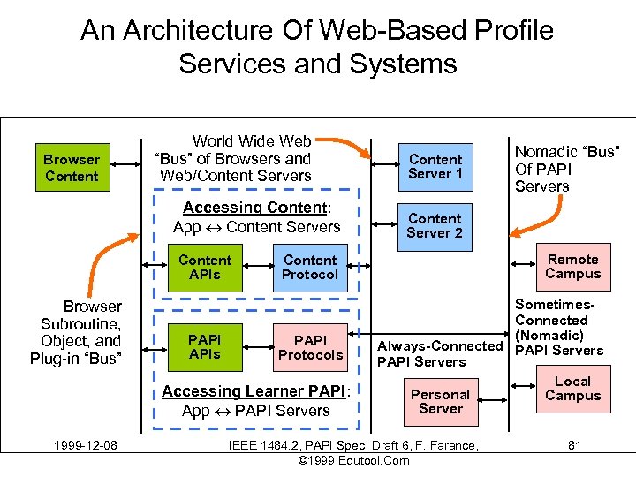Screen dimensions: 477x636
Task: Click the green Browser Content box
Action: (72, 168)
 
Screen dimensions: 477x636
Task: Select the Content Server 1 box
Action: (435, 167)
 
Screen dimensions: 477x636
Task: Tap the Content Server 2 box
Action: (435, 225)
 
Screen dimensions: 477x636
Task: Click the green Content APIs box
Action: (205, 268)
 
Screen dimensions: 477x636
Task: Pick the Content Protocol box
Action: (309, 268)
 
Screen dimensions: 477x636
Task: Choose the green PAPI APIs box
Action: (205, 347)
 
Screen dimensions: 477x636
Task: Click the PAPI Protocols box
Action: (310, 347)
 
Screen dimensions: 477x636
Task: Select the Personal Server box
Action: (440, 402)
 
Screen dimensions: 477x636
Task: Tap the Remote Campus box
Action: (572, 267)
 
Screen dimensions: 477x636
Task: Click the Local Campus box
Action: (572, 389)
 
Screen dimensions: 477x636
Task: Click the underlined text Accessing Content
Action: (254, 208)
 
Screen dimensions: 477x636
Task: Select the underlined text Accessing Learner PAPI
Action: (255, 391)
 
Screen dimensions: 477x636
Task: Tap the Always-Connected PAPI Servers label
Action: (439, 353)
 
